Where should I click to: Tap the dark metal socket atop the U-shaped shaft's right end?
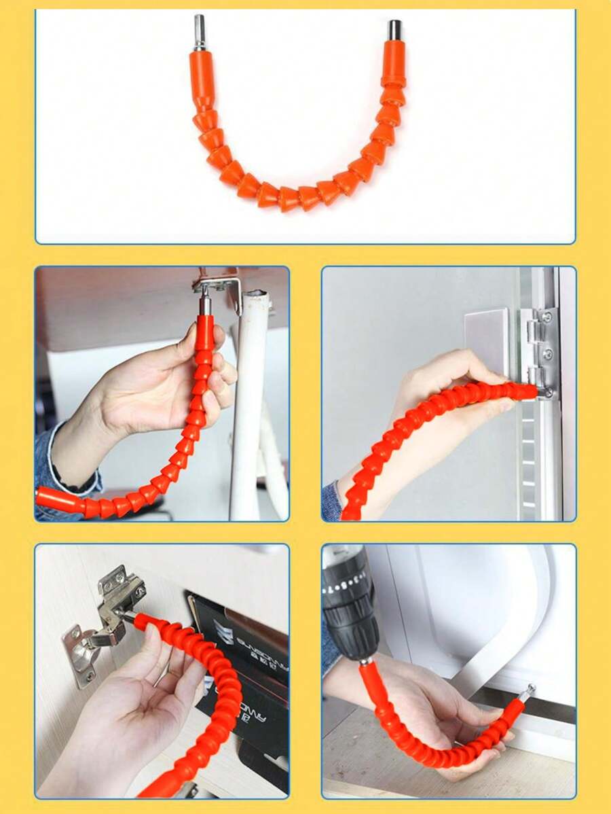pyautogui.click(x=394, y=31)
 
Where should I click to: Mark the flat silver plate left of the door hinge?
pyautogui.click(x=487, y=340)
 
